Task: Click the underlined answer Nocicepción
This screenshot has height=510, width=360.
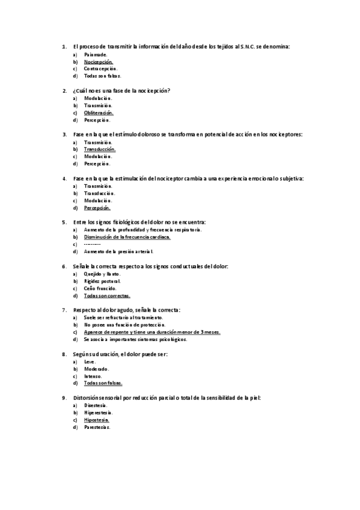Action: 99,61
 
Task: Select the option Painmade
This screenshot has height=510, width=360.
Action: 96,54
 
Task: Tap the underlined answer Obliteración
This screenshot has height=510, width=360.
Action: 99,112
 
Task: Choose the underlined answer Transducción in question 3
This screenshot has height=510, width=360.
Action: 100,149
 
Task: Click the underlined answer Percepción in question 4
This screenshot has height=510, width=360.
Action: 97,207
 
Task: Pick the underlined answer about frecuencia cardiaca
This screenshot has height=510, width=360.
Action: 127,237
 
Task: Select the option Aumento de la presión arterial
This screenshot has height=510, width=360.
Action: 119,251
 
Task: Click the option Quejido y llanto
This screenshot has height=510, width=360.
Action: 103,274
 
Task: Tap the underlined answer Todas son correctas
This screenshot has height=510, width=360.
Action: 107,295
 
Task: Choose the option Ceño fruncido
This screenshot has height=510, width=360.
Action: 100,288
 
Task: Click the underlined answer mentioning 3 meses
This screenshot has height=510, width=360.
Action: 153,332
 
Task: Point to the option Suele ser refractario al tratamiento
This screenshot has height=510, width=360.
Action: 124,318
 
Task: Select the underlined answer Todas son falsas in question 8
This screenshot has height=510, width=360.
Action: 103,383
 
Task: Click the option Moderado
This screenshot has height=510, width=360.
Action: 97,369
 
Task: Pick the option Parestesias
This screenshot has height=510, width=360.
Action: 98,427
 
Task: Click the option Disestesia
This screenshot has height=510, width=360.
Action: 96,405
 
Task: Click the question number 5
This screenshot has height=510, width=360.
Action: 64,222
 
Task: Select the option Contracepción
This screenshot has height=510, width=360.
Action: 100,69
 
